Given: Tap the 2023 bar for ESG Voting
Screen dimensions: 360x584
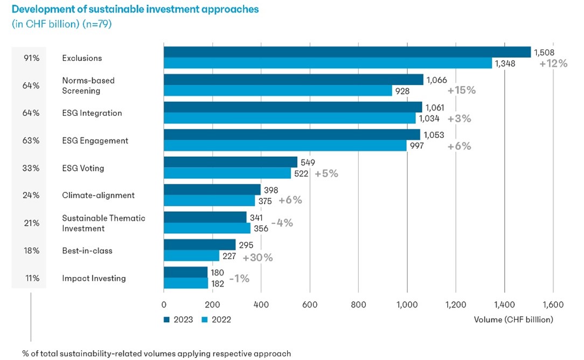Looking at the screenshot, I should tap(230, 162).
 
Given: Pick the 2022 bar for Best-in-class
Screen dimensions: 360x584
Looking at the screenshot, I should tap(191, 256).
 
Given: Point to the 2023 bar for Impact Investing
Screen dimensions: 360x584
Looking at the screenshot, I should tap(185, 272).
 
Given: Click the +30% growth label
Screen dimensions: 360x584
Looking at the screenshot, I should tap(258, 258).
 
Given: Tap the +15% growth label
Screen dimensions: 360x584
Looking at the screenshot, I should tap(462, 90).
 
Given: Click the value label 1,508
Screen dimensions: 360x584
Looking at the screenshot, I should tap(545, 52).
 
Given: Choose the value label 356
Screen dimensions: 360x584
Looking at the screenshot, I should tap(260, 229).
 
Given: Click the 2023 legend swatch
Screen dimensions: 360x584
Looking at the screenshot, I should tap(166, 320).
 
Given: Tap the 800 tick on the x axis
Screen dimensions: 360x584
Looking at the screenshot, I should tap(358, 304).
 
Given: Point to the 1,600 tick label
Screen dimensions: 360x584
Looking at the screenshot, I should tap(552, 304).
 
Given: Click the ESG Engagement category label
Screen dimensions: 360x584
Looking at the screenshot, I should tap(95, 141).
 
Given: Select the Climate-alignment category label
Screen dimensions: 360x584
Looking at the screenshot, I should tap(98, 195).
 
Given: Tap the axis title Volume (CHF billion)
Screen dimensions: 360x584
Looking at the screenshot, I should tap(513, 320).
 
